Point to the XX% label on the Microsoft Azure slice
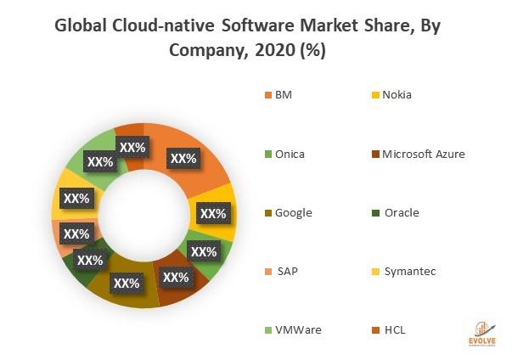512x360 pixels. (176, 277)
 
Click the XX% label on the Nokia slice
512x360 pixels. (212, 213)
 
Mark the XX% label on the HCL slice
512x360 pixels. (132, 147)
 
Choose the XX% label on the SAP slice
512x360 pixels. (76, 233)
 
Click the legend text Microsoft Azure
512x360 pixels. (423, 154)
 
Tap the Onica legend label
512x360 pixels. (290, 154)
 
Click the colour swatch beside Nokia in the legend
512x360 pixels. (374, 95)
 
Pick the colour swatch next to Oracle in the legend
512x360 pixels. (374, 212)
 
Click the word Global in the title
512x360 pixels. (83, 25)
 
